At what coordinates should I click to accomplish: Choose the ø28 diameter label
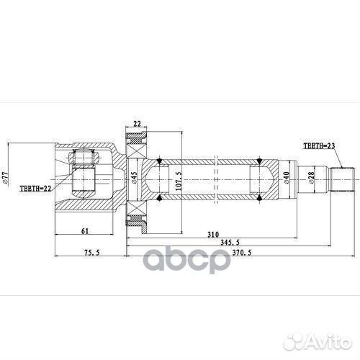[x=310, y=176]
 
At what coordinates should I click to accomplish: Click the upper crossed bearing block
[x=137, y=140]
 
